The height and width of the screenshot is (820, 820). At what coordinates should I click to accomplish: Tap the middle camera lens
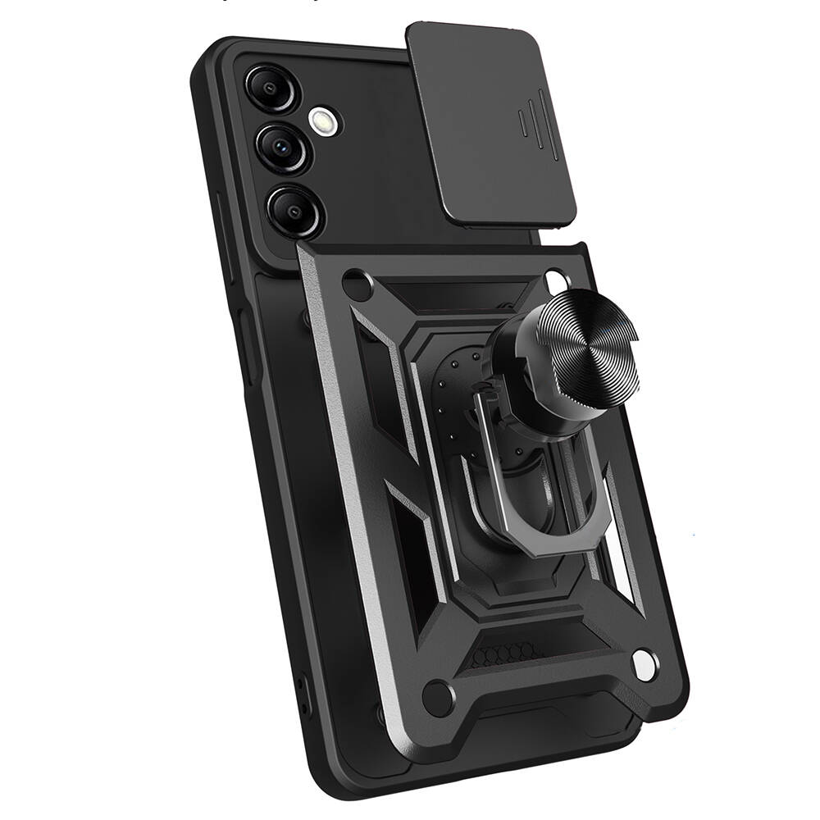[x=281, y=148]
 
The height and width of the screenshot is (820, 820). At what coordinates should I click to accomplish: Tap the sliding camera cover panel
[x=492, y=123]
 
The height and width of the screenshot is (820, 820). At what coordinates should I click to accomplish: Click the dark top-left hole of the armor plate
[x=358, y=286]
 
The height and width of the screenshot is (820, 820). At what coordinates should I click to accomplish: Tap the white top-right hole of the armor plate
[x=558, y=279]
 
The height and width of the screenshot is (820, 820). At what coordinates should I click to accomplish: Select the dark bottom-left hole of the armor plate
[x=437, y=698]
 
